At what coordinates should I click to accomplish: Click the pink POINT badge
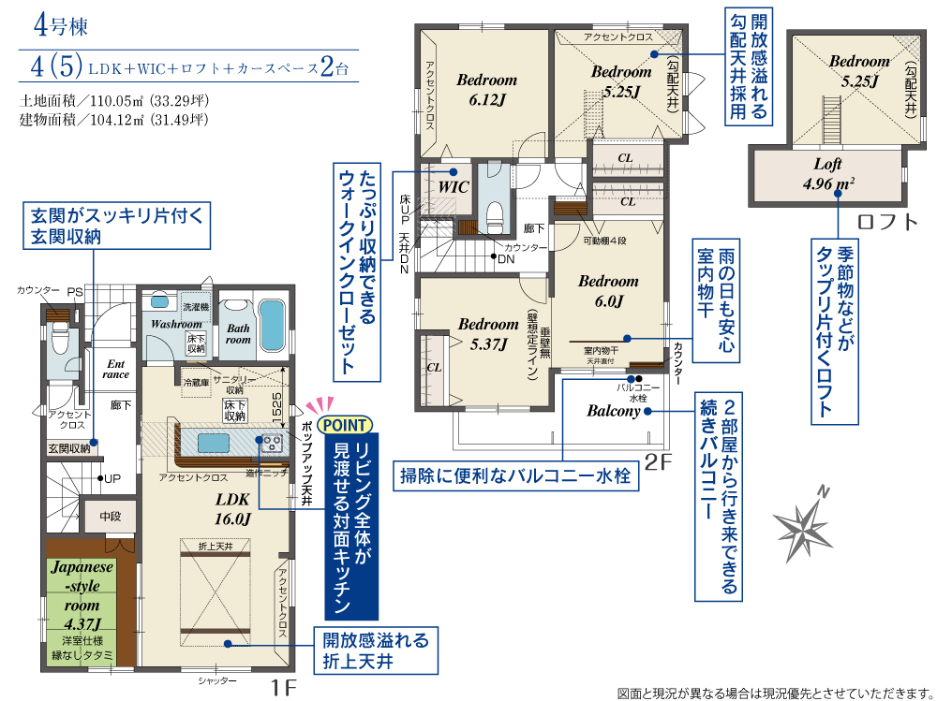coord(346,425)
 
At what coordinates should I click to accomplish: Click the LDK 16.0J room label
coord(232,509)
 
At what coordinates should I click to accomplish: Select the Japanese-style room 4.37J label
coord(82,595)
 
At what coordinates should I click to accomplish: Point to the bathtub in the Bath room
coord(271,326)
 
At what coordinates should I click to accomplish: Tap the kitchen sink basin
coord(214,443)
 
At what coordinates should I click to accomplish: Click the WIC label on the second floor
coord(453,187)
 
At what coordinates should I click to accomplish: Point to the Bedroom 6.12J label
coord(487,90)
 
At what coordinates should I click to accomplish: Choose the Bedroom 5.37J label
coord(488,334)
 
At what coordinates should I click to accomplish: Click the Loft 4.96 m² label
coord(828,173)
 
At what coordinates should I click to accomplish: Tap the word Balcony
coord(613,411)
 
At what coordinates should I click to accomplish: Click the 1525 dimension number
coord(276,409)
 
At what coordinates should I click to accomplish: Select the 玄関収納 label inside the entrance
coord(68,448)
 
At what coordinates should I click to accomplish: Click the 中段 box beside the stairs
coord(110,516)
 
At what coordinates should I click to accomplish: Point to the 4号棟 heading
coord(61,25)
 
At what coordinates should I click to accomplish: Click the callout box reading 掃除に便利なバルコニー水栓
coord(515,475)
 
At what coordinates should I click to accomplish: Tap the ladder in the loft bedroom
coord(832,120)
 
